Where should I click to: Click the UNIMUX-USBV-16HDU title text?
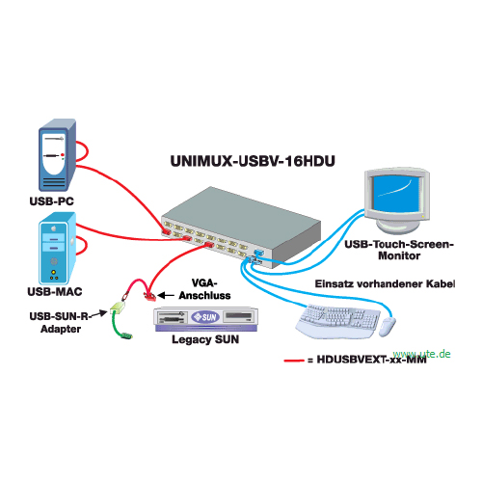[253, 161]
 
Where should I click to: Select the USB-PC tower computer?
[57, 155]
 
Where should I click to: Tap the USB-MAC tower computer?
[57, 248]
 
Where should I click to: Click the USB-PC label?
[52, 201]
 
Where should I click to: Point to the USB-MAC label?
[55, 291]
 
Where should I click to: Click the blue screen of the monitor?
[396, 192]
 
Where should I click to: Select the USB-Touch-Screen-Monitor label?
[399, 250]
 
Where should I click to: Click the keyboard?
[337, 321]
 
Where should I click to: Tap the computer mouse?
[388, 327]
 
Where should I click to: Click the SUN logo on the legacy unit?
[205, 317]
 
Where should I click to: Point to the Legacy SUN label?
[205, 339]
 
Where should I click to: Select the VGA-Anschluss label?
[204, 289]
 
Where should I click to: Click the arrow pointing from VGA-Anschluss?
[166, 295]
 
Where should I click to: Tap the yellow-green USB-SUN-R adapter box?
[117, 308]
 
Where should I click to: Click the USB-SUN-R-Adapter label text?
[60, 323]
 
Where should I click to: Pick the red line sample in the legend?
[294, 361]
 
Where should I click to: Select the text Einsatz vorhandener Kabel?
[385, 283]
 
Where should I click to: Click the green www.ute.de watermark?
[421, 354]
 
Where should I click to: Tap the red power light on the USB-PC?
[63, 155]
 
